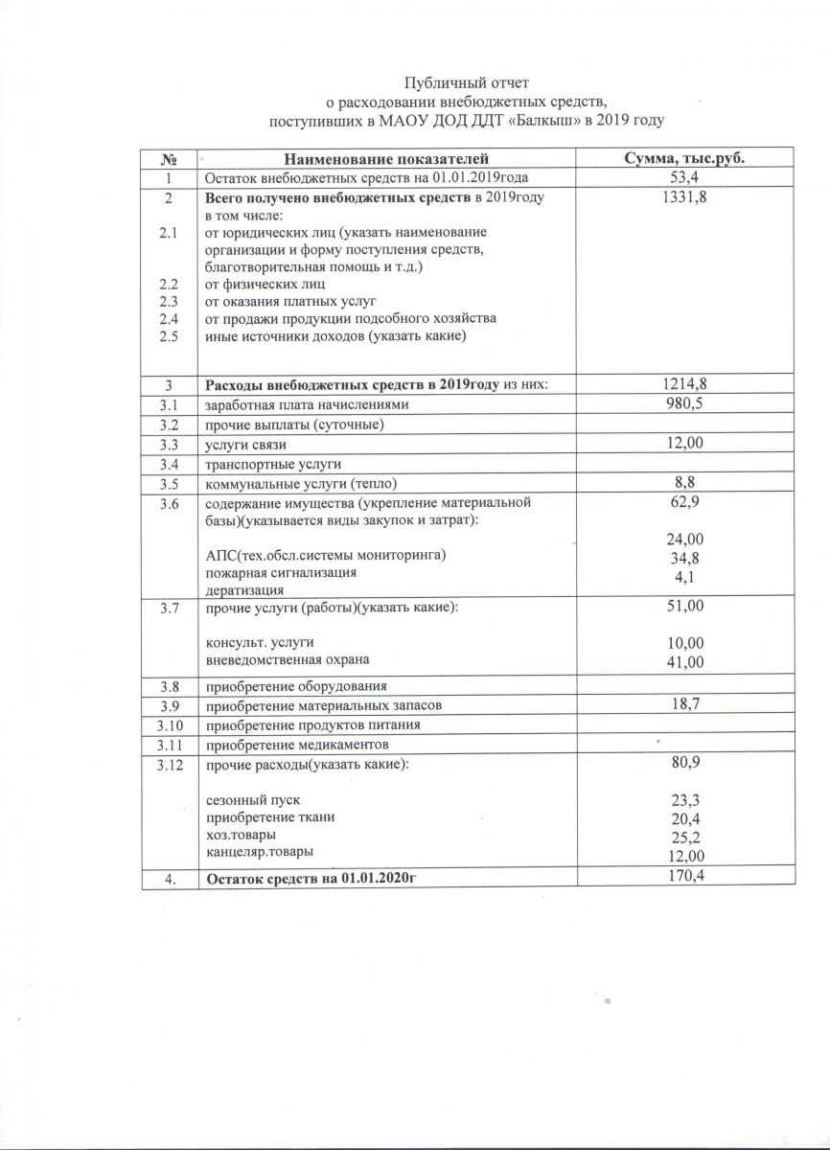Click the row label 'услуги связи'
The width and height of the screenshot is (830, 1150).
(246, 445)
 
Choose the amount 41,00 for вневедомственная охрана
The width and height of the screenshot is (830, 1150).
(684, 661)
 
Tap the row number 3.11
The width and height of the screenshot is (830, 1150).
(169, 745)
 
